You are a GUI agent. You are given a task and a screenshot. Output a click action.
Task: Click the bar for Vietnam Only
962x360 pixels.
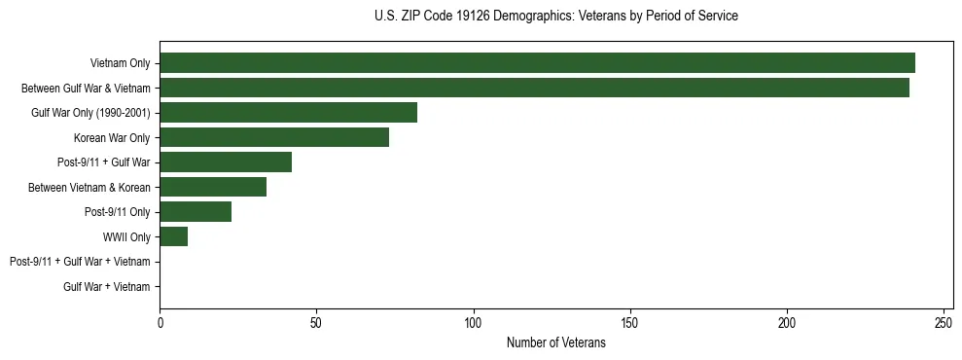click(x=537, y=63)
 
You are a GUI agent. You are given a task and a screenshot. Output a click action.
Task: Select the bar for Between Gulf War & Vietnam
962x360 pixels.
click(x=534, y=88)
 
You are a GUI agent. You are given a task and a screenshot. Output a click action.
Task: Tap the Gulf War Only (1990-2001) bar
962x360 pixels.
click(x=288, y=113)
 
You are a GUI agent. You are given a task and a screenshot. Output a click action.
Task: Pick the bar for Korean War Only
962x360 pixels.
click(x=274, y=137)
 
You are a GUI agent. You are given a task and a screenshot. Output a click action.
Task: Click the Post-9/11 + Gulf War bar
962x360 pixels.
click(x=226, y=162)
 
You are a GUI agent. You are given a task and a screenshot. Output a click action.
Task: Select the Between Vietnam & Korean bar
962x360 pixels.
click(x=213, y=187)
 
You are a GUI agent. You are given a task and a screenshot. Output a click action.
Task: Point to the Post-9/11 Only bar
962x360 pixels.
click(x=196, y=212)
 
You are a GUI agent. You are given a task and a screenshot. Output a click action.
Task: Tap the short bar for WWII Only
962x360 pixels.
click(x=173, y=236)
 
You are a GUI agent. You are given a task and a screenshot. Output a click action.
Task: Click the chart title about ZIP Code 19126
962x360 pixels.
click(x=555, y=17)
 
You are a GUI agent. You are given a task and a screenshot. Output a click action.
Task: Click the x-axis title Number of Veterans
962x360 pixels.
click(x=555, y=343)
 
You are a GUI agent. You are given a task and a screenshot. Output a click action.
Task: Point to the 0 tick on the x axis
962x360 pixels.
click(x=160, y=323)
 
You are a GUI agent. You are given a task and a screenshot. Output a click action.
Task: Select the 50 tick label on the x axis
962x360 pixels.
click(x=316, y=323)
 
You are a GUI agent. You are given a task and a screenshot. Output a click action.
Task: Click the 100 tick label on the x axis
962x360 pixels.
click(x=474, y=323)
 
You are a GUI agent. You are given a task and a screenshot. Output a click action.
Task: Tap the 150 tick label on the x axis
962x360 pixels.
click(x=630, y=323)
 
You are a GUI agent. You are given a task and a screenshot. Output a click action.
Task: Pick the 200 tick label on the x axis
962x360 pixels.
click(x=787, y=323)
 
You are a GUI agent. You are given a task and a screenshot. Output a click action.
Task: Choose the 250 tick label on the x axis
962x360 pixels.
click(x=944, y=323)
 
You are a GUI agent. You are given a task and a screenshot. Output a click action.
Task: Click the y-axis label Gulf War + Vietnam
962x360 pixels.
click(x=106, y=286)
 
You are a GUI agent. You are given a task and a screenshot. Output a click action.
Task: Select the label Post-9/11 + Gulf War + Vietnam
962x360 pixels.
click(x=80, y=262)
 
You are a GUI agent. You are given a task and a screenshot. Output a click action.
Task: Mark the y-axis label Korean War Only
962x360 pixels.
click(x=112, y=137)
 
